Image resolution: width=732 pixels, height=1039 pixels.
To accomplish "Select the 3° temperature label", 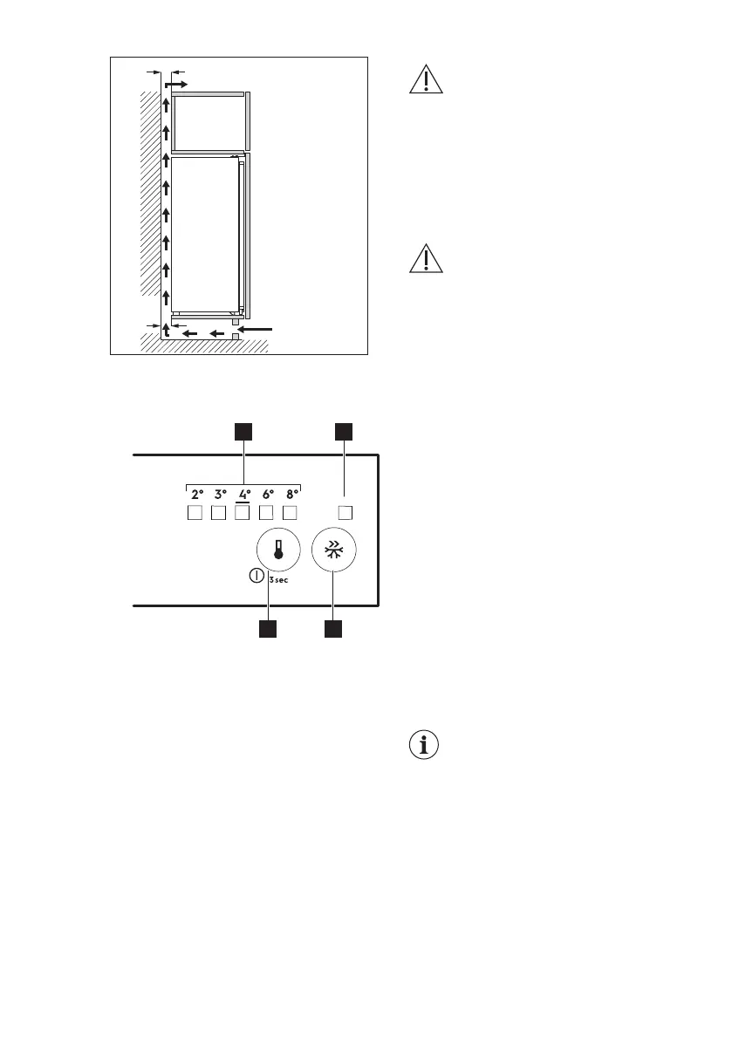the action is [220, 494].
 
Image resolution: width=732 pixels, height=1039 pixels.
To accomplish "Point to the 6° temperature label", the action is [268, 494].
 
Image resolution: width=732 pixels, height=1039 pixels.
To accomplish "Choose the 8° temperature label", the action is [292, 494].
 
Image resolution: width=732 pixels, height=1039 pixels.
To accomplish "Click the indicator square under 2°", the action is [195, 513].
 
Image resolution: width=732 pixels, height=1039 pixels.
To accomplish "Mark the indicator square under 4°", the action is [243, 513].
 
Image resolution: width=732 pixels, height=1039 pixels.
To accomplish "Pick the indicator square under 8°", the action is [291, 513].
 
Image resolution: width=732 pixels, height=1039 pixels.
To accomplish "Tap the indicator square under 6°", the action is [267, 513].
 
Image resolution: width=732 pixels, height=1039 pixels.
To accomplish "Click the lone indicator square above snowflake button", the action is [345, 513].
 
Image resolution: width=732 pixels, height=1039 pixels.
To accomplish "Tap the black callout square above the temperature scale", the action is [243, 431].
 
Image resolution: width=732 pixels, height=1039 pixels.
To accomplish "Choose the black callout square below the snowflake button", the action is [334, 628].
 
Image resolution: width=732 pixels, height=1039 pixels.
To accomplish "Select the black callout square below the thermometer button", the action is [268, 628].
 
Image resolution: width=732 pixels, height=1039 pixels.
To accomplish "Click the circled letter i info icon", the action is [423, 747].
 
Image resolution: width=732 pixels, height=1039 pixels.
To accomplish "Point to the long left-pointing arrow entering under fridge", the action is [258, 329].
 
